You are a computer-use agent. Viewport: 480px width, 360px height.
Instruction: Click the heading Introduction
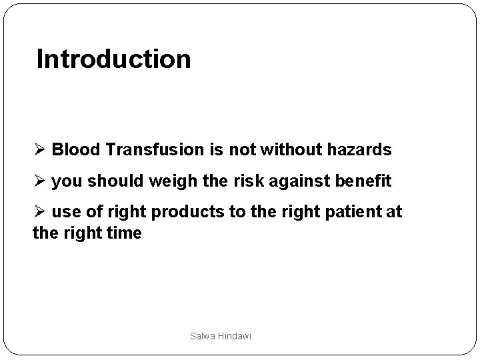(113, 59)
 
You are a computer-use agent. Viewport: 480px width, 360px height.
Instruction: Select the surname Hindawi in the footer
(233, 337)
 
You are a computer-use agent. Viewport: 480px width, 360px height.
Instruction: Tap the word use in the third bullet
(64, 213)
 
